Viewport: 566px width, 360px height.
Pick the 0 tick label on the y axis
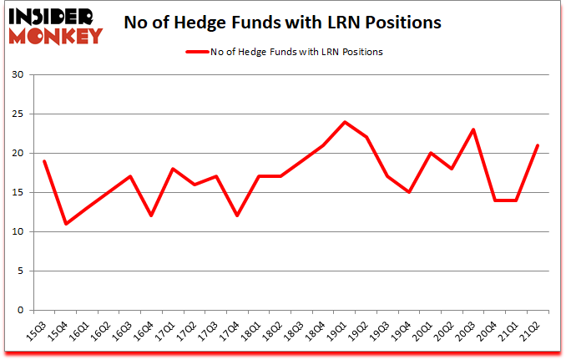click(x=27, y=310)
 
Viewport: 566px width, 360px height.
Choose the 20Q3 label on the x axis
click(x=472, y=332)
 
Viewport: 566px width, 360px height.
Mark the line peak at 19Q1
click(x=344, y=122)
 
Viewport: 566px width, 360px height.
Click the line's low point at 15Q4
click(x=65, y=224)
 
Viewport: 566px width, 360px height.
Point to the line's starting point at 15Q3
click(x=43, y=161)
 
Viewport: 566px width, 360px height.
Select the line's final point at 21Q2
click(x=538, y=145)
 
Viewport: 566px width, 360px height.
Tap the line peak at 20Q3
click(x=473, y=129)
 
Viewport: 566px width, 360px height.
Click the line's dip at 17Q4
click(x=236, y=215)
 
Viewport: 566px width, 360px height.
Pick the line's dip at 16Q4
click(x=150, y=215)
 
